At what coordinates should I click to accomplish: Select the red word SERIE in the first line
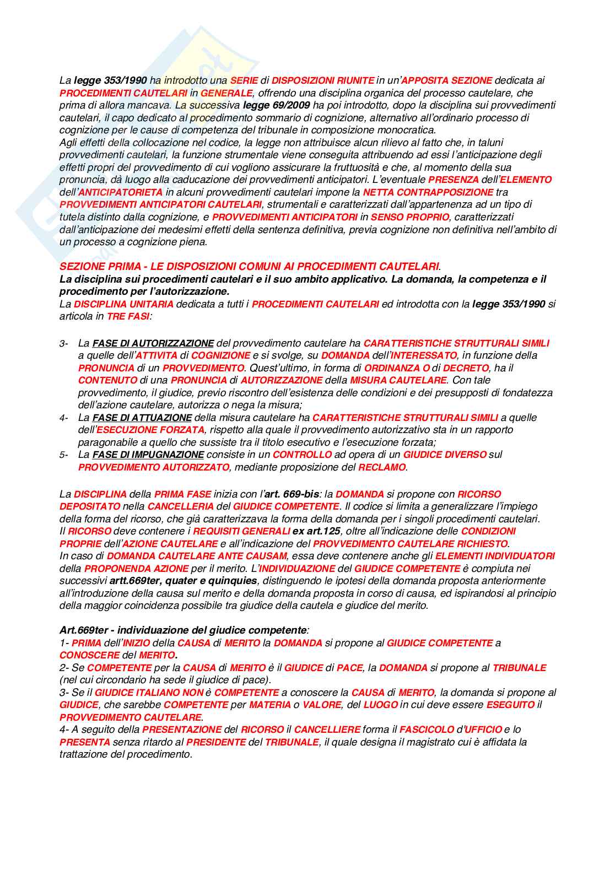(244, 80)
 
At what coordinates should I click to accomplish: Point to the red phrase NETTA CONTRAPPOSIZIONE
(428, 192)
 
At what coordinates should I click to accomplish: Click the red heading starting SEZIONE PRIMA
(249, 267)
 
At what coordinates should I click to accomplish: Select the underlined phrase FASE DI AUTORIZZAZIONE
(153, 343)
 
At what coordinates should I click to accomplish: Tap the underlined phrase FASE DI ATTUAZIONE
(142, 418)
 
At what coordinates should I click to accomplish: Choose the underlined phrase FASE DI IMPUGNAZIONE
(148, 455)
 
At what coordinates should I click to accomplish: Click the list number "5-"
(64, 455)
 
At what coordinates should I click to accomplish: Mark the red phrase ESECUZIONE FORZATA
(150, 430)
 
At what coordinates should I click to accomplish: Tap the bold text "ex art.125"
(316, 531)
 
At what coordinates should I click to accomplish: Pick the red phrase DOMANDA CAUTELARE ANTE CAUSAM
(197, 556)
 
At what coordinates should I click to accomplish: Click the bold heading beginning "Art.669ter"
(183, 630)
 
